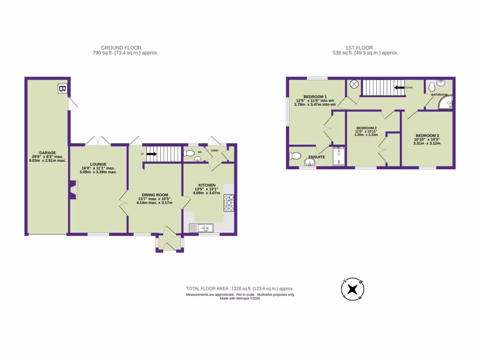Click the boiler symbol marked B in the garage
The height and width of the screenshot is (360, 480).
point(62,88)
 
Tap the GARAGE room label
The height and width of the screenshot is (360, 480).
point(47,153)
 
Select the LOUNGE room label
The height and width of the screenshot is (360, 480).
point(98,164)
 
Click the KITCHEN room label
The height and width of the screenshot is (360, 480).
point(207,185)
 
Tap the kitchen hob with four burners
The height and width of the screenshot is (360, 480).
point(229,203)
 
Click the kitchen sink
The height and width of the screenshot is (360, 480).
point(201,228)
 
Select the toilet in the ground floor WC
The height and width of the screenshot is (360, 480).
point(190,153)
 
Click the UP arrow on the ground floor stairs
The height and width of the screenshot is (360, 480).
point(151,153)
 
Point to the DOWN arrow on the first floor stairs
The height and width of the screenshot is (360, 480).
point(399,87)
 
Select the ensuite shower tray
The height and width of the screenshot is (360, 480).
point(338,157)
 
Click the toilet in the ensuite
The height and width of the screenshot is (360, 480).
point(295,157)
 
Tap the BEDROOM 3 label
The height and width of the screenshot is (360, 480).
point(427,135)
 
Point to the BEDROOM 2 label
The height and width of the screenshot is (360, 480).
point(367,128)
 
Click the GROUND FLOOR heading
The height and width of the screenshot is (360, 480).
point(121,48)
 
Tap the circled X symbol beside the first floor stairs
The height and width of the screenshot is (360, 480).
point(354,84)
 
